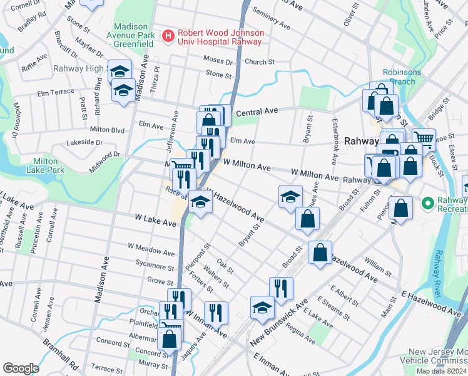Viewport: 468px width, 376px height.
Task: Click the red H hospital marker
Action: pyautogui.click(x=168, y=37)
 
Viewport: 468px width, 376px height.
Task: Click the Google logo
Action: pyautogui.click(x=21, y=368)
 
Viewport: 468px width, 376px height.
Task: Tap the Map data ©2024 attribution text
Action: pyautogui.click(x=440, y=371)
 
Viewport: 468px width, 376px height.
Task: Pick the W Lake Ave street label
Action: pyautogui.click(x=155, y=221)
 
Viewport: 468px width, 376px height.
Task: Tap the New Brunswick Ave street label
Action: pyautogui.click(x=279, y=323)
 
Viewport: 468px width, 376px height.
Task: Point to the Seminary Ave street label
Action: pyautogui.click(x=270, y=18)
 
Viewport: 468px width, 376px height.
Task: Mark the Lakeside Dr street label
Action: pyautogui.click(x=83, y=143)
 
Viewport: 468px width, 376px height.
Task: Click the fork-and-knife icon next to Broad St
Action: pyautogui.click(x=281, y=288)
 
